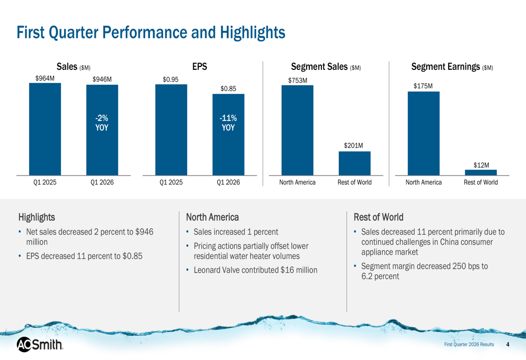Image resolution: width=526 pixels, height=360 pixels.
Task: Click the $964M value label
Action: coord(45,78)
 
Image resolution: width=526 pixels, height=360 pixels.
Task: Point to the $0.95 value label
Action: coord(171,79)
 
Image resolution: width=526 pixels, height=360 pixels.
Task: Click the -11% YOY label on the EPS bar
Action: coord(228,123)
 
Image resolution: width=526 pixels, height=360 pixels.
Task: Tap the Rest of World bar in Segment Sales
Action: coord(355,163)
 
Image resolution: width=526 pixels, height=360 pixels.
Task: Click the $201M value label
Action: coord(355,146)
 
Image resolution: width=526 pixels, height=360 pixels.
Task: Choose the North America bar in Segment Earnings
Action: coord(423,133)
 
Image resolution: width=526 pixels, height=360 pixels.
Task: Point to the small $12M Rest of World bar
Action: coord(481,172)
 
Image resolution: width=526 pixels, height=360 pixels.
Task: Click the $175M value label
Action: coord(423,86)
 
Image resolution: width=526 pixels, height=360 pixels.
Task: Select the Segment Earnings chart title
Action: coord(451,67)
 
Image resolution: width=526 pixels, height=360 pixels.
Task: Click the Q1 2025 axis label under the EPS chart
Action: coord(171,182)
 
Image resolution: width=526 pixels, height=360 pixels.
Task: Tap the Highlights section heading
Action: coord(36,217)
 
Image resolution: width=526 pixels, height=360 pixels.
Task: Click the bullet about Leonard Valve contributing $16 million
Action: coord(255,270)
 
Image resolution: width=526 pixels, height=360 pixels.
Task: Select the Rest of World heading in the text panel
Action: coord(378,217)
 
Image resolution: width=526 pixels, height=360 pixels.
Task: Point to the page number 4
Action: coord(508,344)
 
